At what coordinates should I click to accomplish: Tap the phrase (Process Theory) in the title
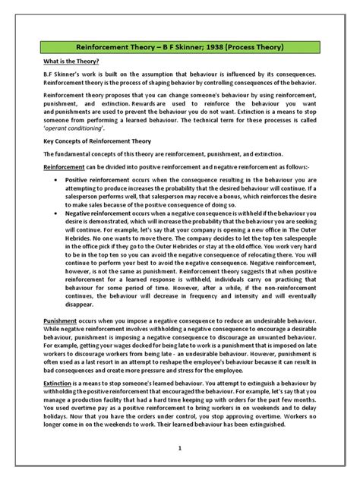click(261, 47)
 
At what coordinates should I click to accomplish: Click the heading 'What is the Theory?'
click(69, 62)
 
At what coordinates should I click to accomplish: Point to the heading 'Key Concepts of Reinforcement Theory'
click(96, 141)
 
